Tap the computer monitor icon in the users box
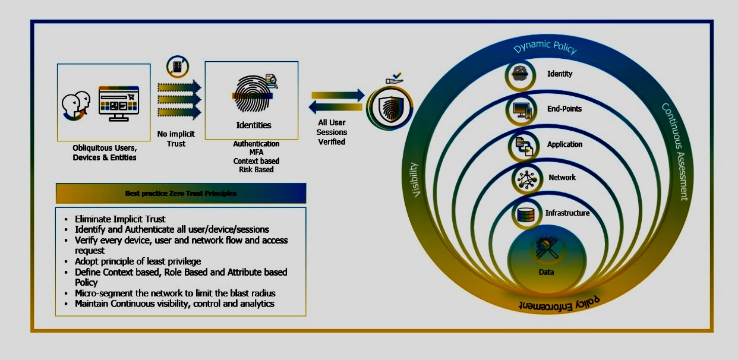(x=119, y=103)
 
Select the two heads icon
(x=76, y=105)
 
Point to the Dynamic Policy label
(x=545, y=46)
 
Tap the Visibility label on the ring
(x=415, y=180)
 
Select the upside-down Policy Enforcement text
(x=559, y=304)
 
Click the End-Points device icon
(x=522, y=110)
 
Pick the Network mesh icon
(x=527, y=179)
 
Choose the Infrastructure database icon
(x=526, y=214)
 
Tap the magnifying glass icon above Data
(x=545, y=248)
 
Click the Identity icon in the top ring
(x=521, y=75)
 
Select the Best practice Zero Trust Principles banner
(x=181, y=193)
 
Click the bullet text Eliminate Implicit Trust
(x=120, y=219)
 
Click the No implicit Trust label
(x=176, y=138)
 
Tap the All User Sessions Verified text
(x=332, y=132)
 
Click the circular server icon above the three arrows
(x=178, y=67)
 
